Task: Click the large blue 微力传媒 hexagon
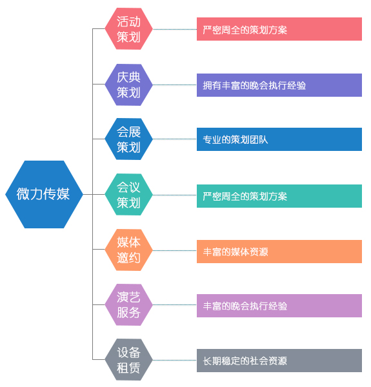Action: (44, 195)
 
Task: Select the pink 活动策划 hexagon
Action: (128, 29)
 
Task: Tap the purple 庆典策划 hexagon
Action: (128, 84)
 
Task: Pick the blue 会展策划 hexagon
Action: (128, 139)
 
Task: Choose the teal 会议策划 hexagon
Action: (128, 195)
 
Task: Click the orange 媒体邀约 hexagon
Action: (128, 250)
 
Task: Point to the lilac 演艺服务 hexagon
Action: (128, 305)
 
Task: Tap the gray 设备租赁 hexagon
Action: (128, 360)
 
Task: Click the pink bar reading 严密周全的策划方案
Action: (279, 29)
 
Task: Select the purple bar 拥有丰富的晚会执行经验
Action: (279, 85)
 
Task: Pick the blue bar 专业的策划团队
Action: (279, 139)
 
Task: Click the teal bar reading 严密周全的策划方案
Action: (279, 196)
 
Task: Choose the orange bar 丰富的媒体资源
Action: (279, 252)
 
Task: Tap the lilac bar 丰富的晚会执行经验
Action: (279, 306)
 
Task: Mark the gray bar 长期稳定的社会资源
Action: (279, 361)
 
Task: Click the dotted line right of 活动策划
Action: (175, 29)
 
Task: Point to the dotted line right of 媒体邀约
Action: (175, 250)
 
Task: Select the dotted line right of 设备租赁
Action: (175, 360)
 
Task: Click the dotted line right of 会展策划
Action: (175, 139)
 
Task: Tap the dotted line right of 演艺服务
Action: (175, 305)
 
